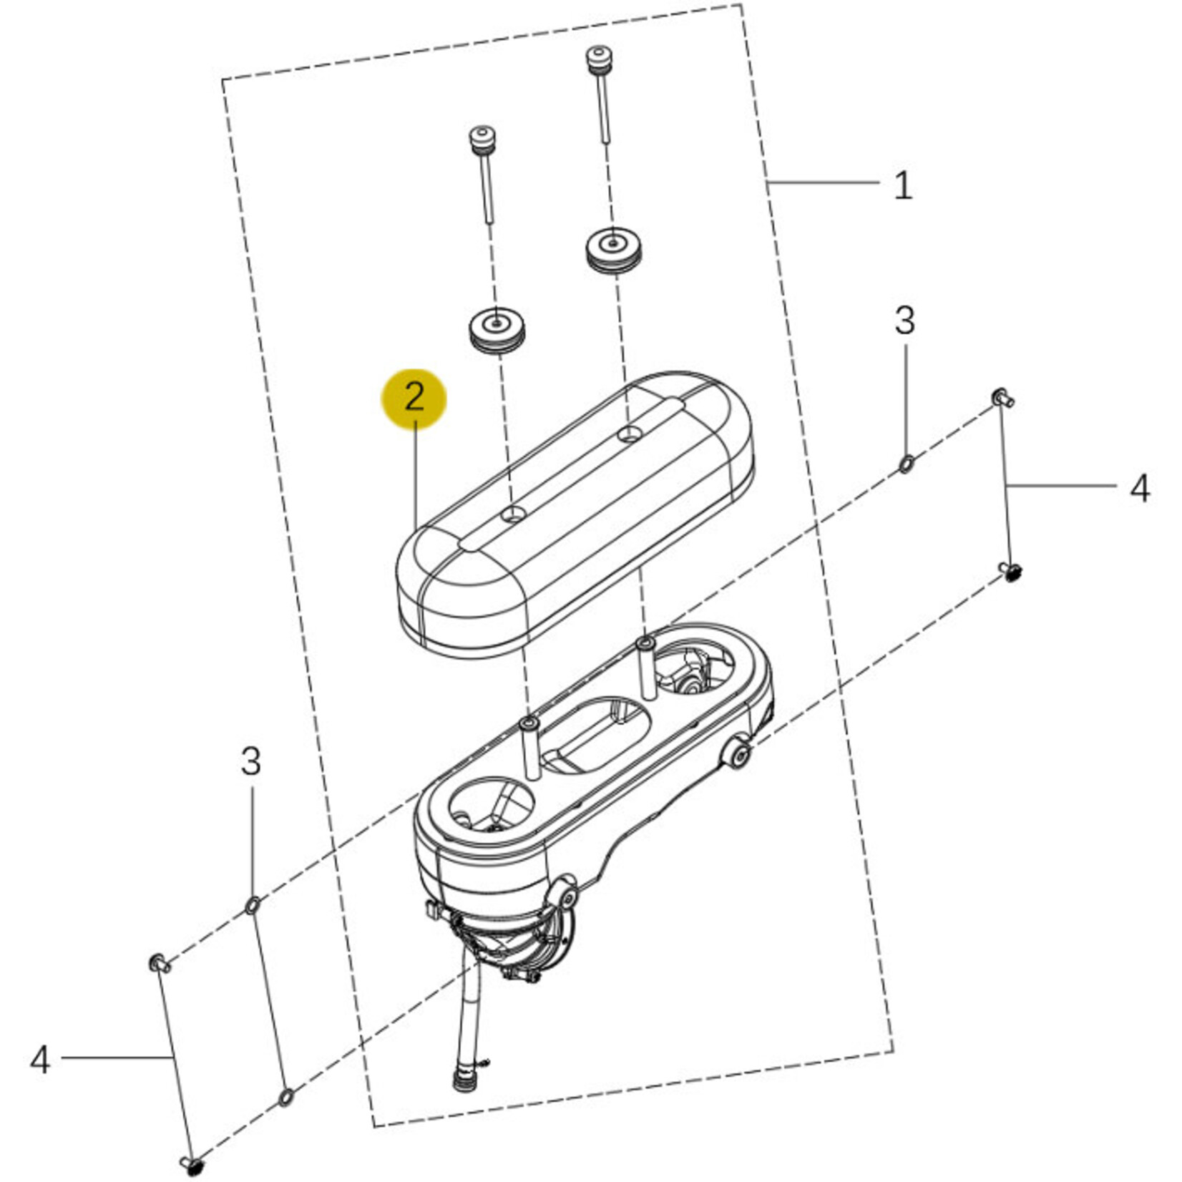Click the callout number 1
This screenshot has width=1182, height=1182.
(x=903, y=185)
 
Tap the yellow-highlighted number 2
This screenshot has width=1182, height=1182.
(x=414, y=398)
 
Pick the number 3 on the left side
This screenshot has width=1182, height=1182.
(x=250, y=761)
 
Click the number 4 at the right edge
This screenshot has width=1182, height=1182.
(x=1139, y=489)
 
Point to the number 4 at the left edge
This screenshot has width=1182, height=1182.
(x=40, y=1059)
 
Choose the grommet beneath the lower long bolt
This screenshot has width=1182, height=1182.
(x=497, y=329)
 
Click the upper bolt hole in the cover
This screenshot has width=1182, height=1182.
(x=630, y=433)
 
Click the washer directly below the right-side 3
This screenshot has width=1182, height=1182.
(x=905, y=464)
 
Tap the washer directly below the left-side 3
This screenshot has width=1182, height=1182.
(x=252, y=905)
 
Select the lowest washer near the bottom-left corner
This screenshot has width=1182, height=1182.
(x=285, y=1096)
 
